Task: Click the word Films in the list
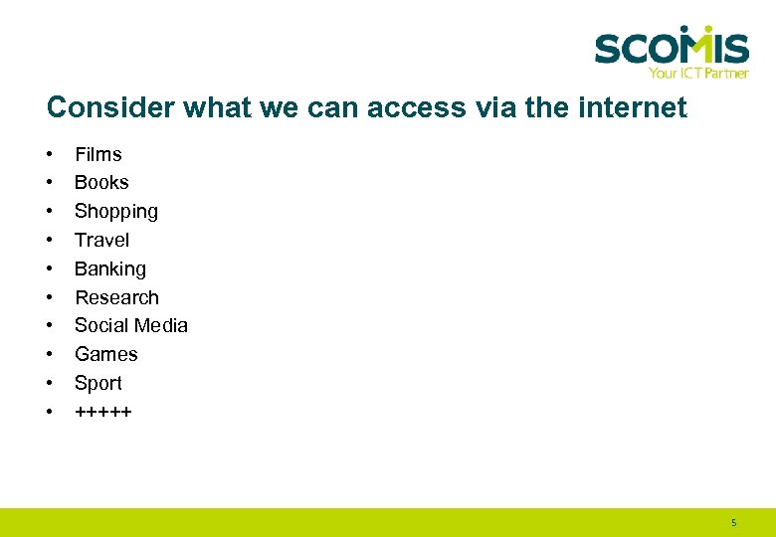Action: pyautogui.click(x=98, y=154)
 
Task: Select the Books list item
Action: pyautogui.click(x=101, y=183)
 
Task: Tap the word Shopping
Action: pyautogui.click(x=116, y=211)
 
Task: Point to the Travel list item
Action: pyautogui.click(x=101, y=240)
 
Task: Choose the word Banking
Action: pyautogui.click(x=110, y=268)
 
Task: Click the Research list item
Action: pyautogui.click(x=116, y=297)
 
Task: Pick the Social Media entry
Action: pyautogui.click(x=131, y=325)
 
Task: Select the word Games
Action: pyautogui.click(x=106, y=354)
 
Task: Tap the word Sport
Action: pyautogui.click(x=98, y=383)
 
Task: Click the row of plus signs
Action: pyautogui.click(x=103, y=411)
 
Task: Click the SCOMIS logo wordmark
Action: pyautogui.click(x=672, y=46)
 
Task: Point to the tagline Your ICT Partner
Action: pyautogui.click(x=697, y=73)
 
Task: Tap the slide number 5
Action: pyautogui.click(x=733, y=522)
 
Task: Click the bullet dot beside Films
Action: pyautogui.click(x=49, y=155)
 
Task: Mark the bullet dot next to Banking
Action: pyautogui.click(x=49, y=269)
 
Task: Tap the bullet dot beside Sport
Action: pyautogui.click(x=49, y=384)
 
